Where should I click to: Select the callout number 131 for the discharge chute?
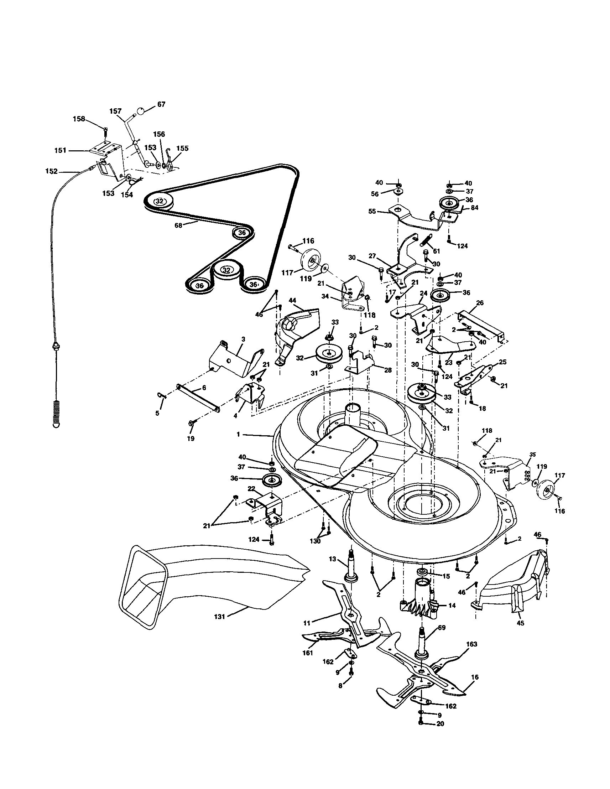click(x=219, y=617)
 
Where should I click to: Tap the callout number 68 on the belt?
click(x=178, y=225)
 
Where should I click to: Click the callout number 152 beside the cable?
click(x=51, y=172)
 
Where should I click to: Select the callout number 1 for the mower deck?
click(x=238, y=435)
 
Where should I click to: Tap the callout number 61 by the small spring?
click(x=437, y=251)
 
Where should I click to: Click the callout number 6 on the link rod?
click(x=204, y=387)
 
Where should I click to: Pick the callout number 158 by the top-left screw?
click(x=79, y=119)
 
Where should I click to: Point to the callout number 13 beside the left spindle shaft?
click(x=332, y=559)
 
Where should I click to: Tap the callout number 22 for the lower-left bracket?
click(x=251, y=488)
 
